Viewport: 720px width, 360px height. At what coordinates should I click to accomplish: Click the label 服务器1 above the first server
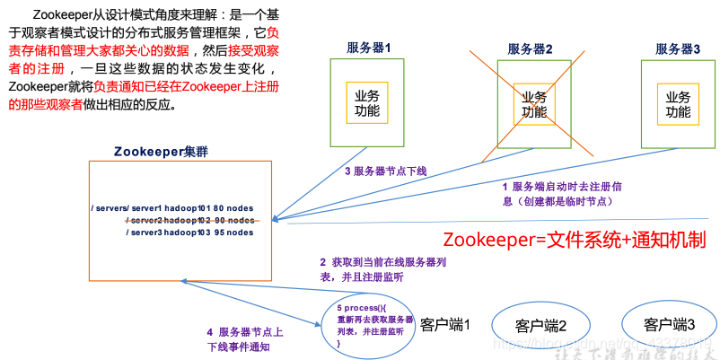click(x=370, y=48)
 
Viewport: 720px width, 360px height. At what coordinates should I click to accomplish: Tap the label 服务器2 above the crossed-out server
click(x=530, y=48)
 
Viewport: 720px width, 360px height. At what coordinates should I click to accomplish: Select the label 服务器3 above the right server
click(x=678, y=48)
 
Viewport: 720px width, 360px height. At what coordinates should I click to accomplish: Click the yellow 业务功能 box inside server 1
click(x=367, y=104)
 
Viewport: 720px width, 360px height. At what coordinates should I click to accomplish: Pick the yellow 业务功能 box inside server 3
click(x=679, y=104)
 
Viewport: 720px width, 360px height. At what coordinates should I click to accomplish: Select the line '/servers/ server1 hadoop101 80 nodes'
click(x=171, y=209)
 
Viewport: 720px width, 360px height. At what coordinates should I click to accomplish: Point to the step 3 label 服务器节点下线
click(x=385, y=171)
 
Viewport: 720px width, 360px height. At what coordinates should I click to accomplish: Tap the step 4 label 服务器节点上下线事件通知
click(x=245, y=338)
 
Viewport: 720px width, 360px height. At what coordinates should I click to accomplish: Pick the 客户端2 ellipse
click(x=540, y=325)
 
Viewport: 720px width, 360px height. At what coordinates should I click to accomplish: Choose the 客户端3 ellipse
click(x=670, y=323)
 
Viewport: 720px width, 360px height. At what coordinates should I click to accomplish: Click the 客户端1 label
click(x=446, y=323)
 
